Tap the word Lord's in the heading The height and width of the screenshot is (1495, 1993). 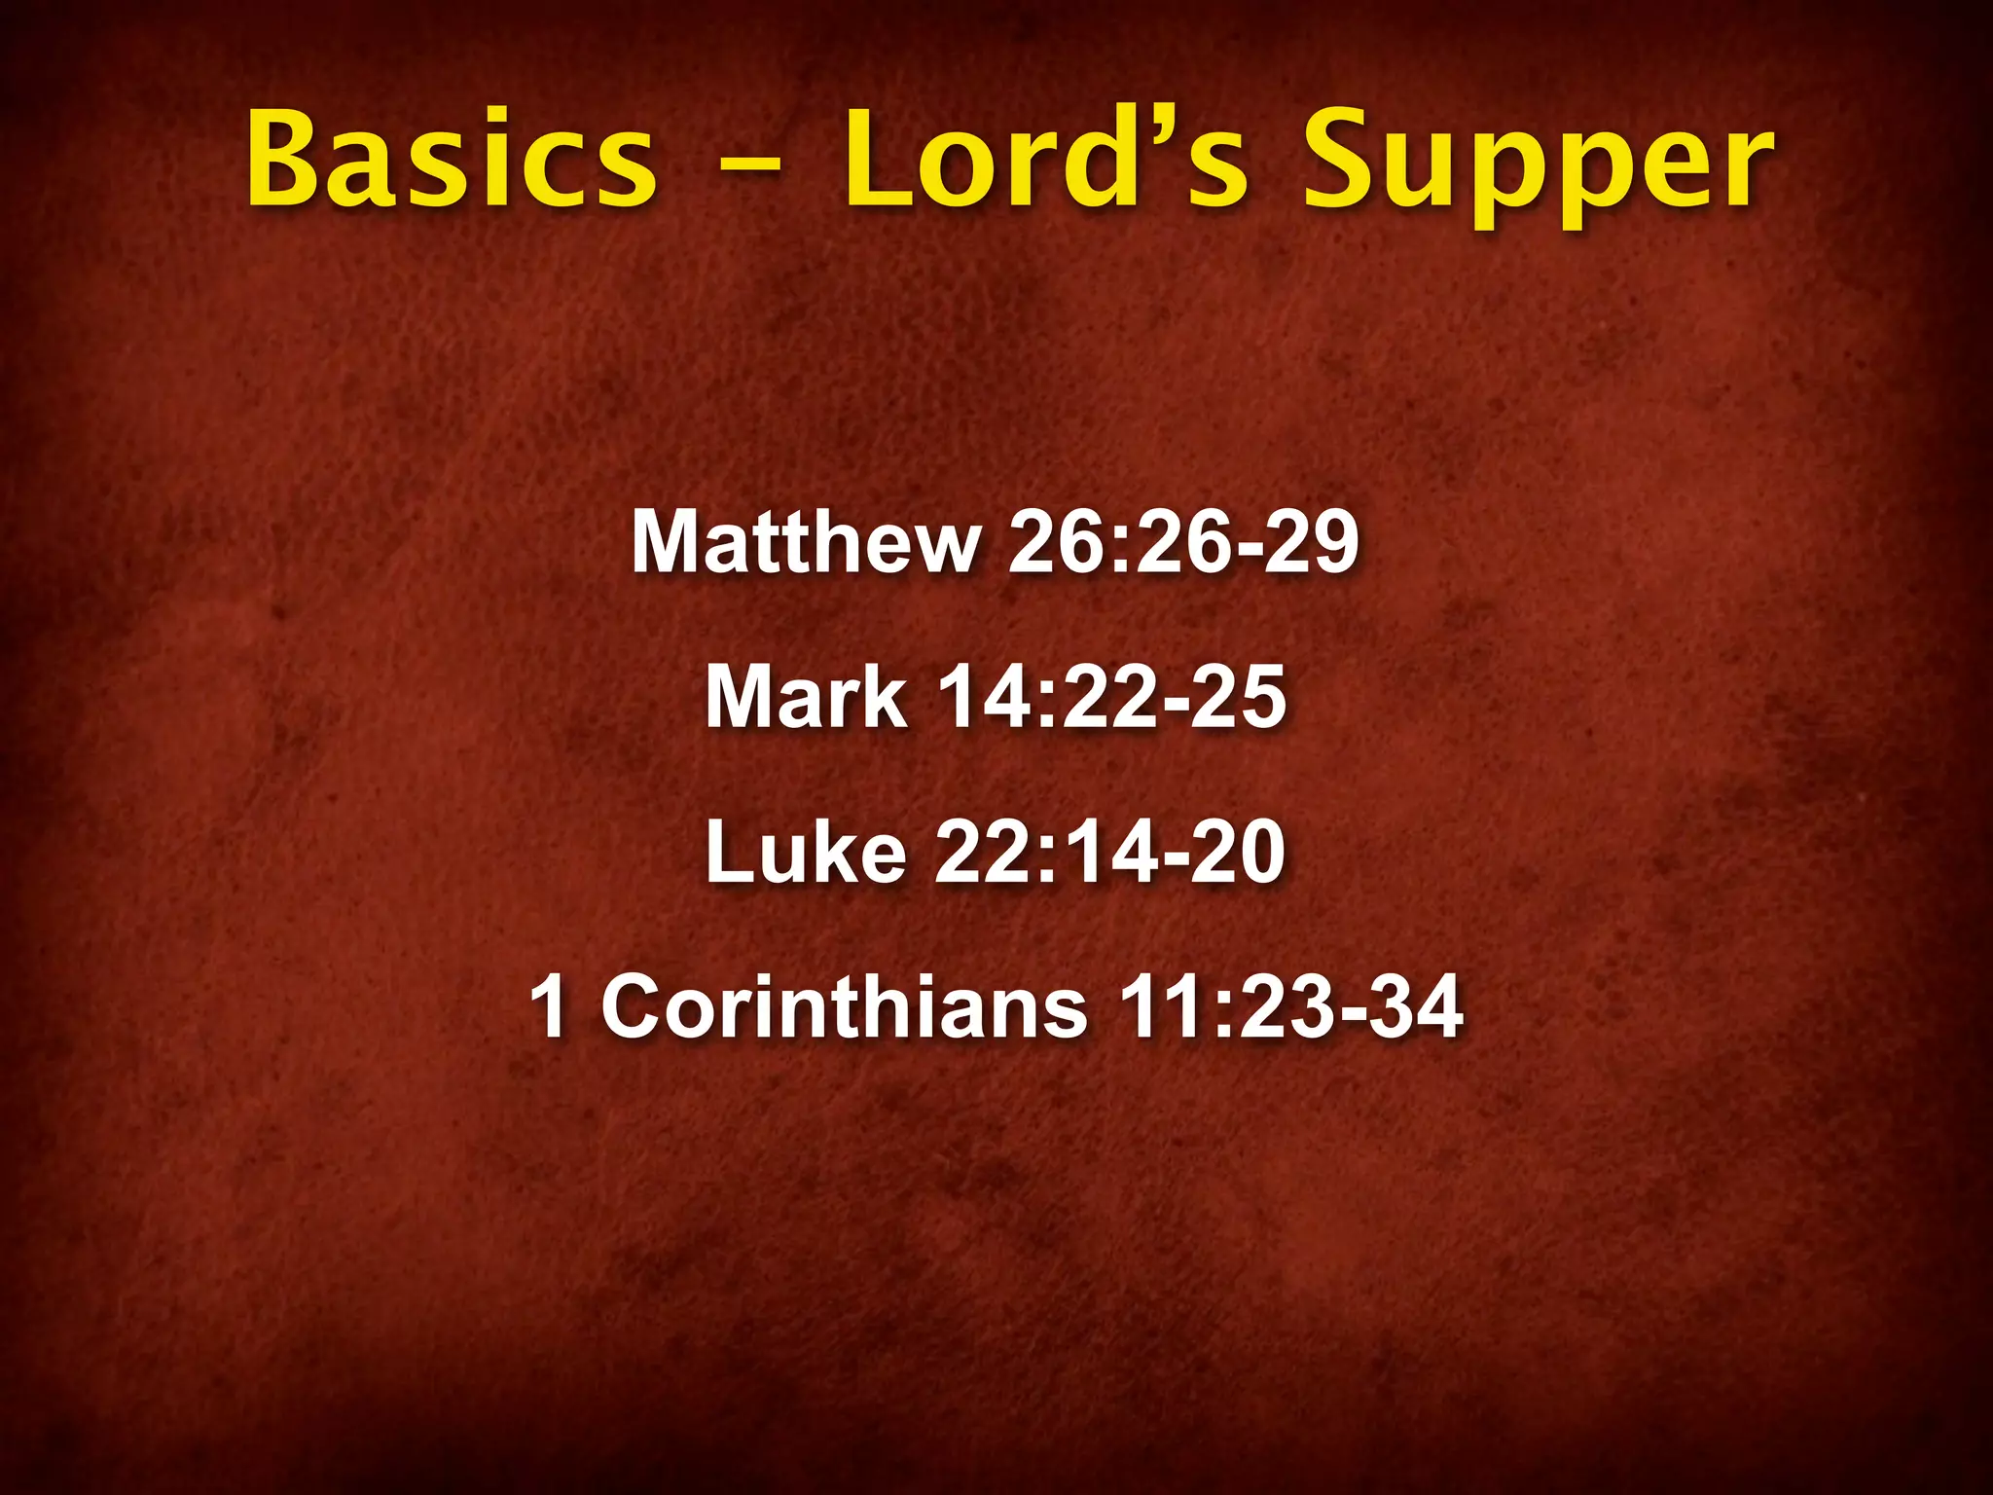point(1043,161)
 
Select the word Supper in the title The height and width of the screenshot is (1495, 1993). point(1538,165)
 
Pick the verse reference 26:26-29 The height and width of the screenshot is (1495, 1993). point(1183,543)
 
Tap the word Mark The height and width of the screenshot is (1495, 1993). point(806,697)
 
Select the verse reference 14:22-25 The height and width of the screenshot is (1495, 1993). point(1111,697)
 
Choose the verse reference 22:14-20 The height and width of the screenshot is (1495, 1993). point(1111,853)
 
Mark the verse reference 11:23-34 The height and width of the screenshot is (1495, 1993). point(1290,1006)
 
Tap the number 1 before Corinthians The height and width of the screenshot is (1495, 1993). point(550,1006)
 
